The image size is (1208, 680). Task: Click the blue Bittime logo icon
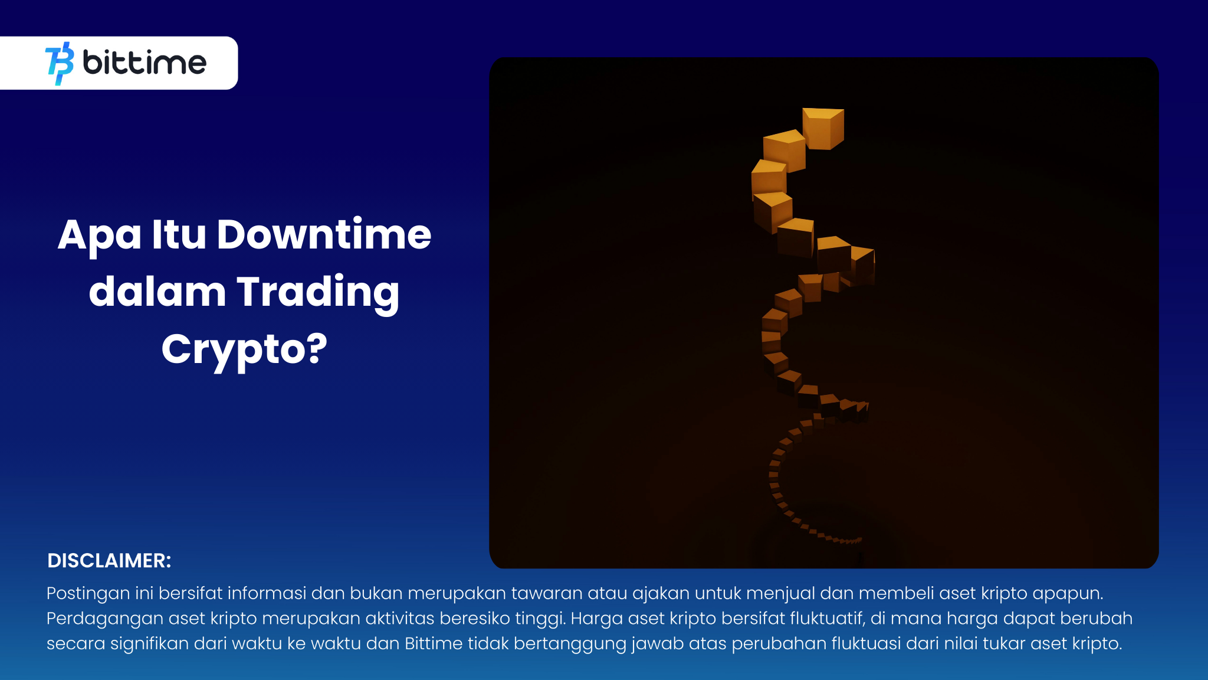[x=60, y=63]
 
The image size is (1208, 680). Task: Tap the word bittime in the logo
[x=145, y=63]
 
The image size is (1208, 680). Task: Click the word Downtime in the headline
[x=324, y=234]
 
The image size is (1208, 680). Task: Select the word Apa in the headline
[x=99, y=236]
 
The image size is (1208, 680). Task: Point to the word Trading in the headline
[x=318, y=292]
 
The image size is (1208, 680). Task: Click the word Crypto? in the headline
[x=244, y=349]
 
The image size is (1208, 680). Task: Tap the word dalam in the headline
[x=157, y=292]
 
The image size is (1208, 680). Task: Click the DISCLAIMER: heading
[x=109, y=561]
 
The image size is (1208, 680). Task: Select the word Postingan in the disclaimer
[x=88, y=593]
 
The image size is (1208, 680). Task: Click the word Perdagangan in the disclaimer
[x=105, y=619]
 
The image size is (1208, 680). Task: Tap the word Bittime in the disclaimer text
[x=434, y=643]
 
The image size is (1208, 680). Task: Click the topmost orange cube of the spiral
[x=823, y=128]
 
